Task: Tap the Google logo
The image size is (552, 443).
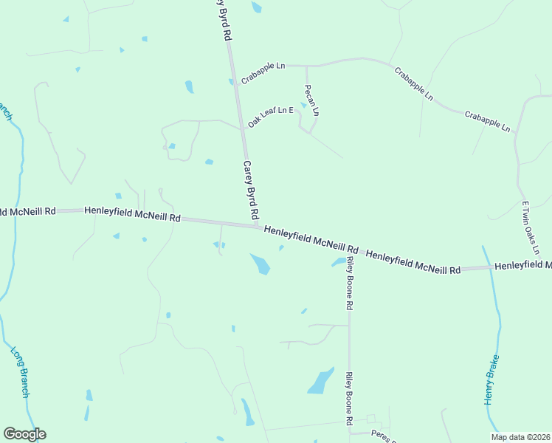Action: tap(24, 434)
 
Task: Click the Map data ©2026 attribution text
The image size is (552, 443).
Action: tap(520, 437)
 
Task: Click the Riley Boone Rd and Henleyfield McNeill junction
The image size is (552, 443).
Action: tap(348, 251)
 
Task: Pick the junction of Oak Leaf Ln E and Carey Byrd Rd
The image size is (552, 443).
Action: tap(242, 128)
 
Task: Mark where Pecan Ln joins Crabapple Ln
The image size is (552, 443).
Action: tap(306, 66)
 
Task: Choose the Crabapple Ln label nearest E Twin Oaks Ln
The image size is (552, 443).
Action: tap(487, 121)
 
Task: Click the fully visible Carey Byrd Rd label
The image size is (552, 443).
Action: tap(251, 190)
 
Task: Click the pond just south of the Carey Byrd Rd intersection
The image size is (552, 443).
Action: tap(260, 264)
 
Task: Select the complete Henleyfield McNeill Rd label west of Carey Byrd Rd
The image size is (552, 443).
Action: tap(132, 214)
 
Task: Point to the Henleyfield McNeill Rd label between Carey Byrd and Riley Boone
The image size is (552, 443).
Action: tap(311, 236)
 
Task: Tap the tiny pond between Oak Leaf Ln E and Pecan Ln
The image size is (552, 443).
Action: tap(303, 105)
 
